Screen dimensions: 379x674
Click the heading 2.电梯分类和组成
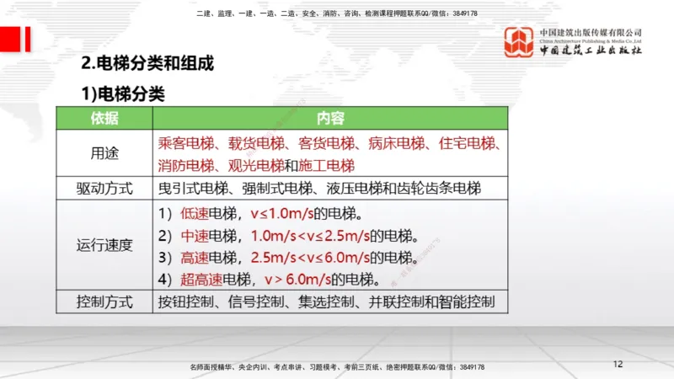pyautogui.click(x=147, y=63)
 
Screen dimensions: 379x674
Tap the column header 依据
pyautogui.click(x=104, y=118)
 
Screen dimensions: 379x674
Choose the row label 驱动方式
pyautogui.click(x=104, y=188)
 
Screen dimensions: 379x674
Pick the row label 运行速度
pyautogui.click(x=104, y=245)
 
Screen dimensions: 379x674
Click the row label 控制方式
pyautogui.click(x=104, y=302)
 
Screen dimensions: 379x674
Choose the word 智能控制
pyautogui.click(x=467, y=302)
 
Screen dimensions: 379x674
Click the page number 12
pyautogui.click(x=618, y=364)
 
